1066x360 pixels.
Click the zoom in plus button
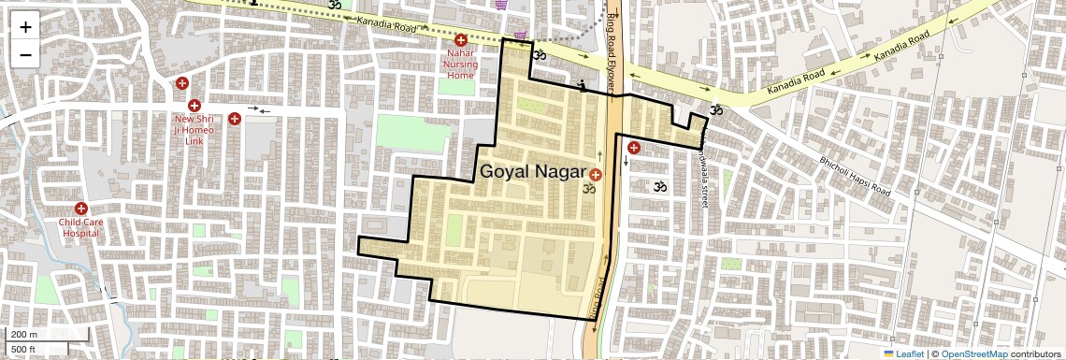pos(25,26)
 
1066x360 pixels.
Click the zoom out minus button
pos(25,54)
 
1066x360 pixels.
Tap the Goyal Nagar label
pos(532,172)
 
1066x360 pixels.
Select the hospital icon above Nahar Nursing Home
pos(460,40)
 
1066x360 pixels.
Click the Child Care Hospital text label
pos(79,227)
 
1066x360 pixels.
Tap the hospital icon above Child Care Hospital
pos(80,208)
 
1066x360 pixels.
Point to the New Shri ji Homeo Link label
pos(194,129)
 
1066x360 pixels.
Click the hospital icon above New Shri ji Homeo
pos(194,106)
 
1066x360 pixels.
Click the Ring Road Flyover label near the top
pos(613,51)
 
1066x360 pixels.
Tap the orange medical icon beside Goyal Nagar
pos(596,174)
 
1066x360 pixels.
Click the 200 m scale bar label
pos(24,335)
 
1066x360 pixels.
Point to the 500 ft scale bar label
pos(24,350)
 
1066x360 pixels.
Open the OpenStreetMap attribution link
pos(973,353)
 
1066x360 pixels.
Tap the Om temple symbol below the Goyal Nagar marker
pos(589,190)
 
